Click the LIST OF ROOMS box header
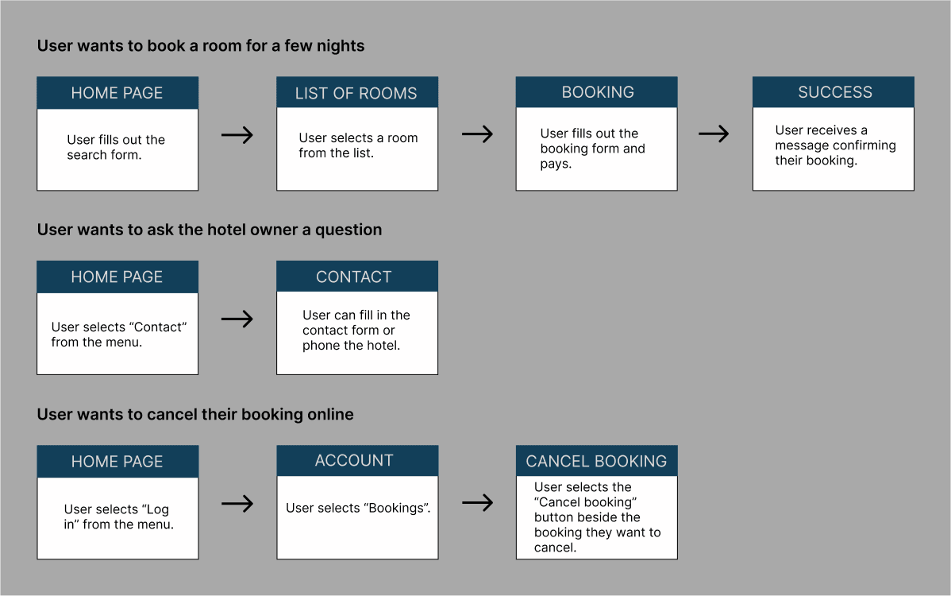(357, 92)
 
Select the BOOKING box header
(597, 92)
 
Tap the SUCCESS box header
(834, 92)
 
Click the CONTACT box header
(357, 277)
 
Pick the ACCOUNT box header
(357, 461)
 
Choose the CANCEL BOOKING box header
(597, 461)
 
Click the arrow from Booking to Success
(714, 134)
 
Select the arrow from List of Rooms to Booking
(477, 134)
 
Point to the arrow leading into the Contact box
(237, 319)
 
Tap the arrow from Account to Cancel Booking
(477, 502)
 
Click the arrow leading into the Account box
(237, 503)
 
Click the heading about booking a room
(201, 46)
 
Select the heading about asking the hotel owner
(210, 230)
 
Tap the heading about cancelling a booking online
(195, 415)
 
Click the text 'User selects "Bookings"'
(358, 508)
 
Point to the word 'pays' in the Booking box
(554, 164)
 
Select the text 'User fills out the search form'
(116, 148)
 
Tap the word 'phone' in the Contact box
(320, 346)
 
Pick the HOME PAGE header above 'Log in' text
(117, 461)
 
